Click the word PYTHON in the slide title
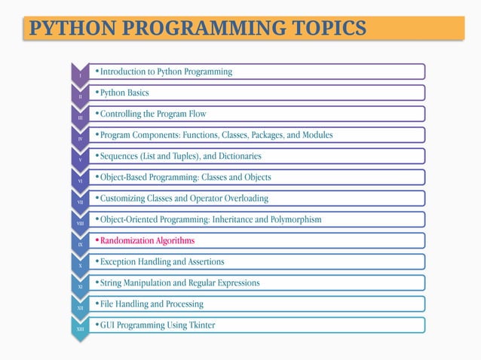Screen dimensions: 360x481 pos(66,29)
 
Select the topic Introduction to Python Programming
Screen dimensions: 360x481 pos(166,72)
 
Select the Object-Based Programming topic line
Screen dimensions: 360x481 pos(185,177)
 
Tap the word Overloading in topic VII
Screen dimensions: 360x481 pos(242,198)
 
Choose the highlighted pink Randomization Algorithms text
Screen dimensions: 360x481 pos(147,240)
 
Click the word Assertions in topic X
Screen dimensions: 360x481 pos(213,261)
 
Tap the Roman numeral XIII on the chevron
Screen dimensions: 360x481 pos(80,329)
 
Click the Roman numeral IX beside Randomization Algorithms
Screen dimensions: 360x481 pos(80,245)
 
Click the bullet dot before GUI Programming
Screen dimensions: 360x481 pos(97,325)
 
